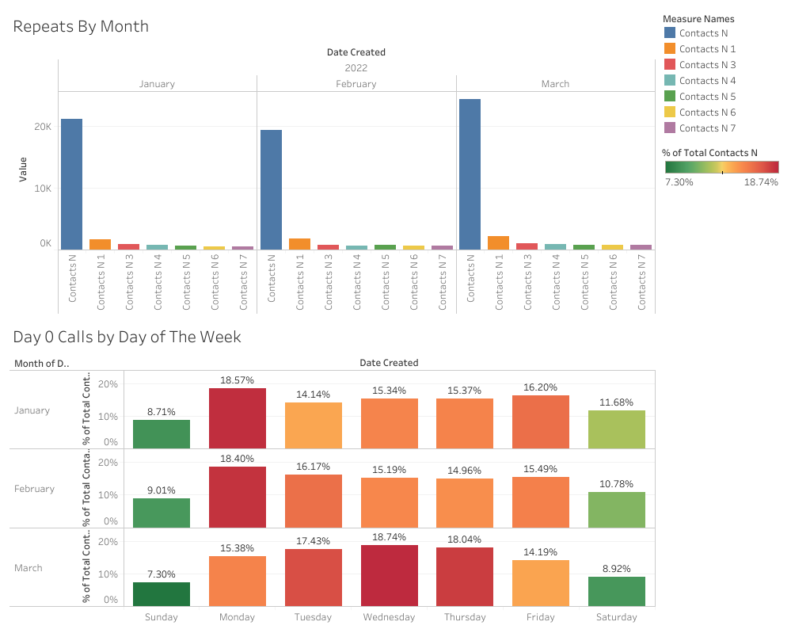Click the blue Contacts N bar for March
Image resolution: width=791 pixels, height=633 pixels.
pyautogui.click(x=470, y=174)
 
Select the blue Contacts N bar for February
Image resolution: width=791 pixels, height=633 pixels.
pyautogui.click(x=271, y=190)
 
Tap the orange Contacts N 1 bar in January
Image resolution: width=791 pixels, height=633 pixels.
pyautogui.click(x=100, y=245)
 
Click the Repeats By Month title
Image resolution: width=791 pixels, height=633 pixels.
pyautogui.click(x=81, y=26)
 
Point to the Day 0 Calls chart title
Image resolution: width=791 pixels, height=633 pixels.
pyautogui.click(x=127, y=337)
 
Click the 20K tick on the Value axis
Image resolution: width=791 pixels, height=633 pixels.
pyautogui.click(x=42, y=127)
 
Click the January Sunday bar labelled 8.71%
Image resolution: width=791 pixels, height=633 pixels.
pyautogui.click(x=162, y=434)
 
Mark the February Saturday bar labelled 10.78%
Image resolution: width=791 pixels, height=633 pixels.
pyautogui.click(x=617, y=509)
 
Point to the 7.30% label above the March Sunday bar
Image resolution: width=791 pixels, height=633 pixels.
pyautogui.click(x=162, y=574)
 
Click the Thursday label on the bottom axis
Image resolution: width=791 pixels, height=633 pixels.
pyautogui.click(x=464, y=617)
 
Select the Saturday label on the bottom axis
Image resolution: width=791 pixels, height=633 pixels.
pyautogui.click(x=617, y=617)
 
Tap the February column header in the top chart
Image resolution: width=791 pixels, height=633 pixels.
pyautogui.click(x=356, y=84)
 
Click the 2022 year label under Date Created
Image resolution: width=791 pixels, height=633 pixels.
pyautogui.click(x=356, y=68)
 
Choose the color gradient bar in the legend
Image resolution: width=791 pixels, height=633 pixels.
pyautogui.click(x=721, y=167)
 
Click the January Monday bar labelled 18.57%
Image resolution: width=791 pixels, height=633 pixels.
pyautogui.click(x=238, y=418)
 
